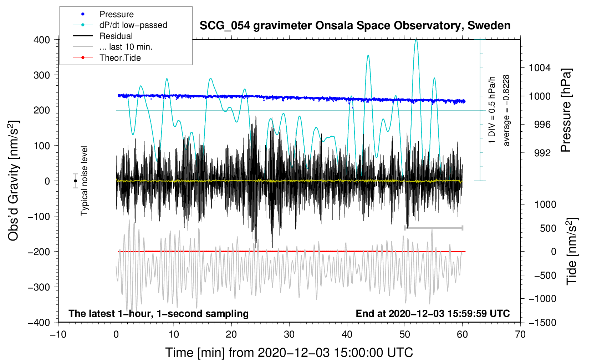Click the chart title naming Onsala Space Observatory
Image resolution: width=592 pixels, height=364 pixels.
tap(355, 26)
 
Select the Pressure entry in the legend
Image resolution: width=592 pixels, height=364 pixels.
tap(117, 14)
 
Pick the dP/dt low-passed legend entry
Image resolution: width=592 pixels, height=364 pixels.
tap(133, 25)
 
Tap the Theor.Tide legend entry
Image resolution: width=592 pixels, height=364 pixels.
tap(120, 58)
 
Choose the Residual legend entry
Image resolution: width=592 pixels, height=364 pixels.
tap(116, 36)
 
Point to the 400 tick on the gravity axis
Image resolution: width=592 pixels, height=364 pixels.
tap(42, 40)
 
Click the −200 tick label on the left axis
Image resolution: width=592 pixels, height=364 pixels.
tap(39, 252)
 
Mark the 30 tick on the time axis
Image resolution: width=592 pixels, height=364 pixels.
tap(289, 334)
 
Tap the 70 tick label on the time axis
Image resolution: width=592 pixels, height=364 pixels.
tap(520, 334)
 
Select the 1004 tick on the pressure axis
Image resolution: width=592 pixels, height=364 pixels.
tap(540, 68)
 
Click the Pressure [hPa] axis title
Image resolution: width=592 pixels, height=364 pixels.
tap(566, 111)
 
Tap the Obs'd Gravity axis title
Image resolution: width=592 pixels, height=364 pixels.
tap(14, 181)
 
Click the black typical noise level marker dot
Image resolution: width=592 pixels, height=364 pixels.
tap(75, 181)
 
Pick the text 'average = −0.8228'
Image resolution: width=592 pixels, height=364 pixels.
tap(506, 110)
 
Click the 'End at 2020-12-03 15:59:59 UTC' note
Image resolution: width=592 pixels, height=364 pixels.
tap(433, 314)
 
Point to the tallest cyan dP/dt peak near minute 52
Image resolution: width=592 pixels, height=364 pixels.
tap(416, 40)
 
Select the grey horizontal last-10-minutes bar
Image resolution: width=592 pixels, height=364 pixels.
tap(434, 228)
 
